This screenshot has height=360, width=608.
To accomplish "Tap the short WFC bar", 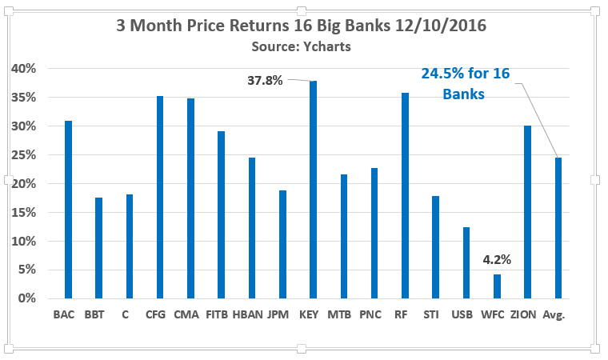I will (x=496, y=286).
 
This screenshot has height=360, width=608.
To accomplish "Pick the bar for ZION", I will (x=527, y=212).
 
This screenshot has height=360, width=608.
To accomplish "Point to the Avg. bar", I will (x=558, y=228).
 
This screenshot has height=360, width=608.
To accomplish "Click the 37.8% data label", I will (x=265, y=80).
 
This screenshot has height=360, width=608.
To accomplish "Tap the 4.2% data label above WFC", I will (x=496, y=260).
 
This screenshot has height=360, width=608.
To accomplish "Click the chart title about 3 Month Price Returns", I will (x=302, y=26).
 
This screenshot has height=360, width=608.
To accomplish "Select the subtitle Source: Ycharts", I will (x=302, y=46).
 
